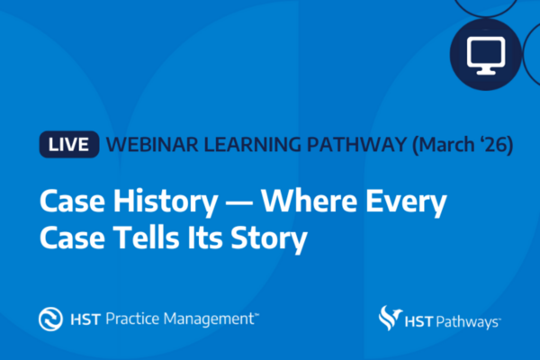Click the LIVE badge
click(69, 144)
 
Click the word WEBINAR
click(152, 144)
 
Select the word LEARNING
click(252, 144)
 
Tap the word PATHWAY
click(357, 144)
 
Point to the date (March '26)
click(463, 145)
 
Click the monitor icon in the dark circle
click(486, 56)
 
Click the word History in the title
click(166, 202)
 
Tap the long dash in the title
click(239, 202)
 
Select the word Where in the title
click(309, 201)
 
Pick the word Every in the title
click(406, 202)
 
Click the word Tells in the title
click(147, 238)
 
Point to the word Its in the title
click(205, 238)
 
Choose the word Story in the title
click(268, 239)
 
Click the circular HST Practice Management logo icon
click(50, 319)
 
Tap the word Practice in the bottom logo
click(132, 319)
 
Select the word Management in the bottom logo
click(209, 319)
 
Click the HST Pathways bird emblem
click(391, 318)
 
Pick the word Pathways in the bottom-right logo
click(467, 322)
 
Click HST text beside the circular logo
click(85, 319)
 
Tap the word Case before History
click(72, 202)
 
